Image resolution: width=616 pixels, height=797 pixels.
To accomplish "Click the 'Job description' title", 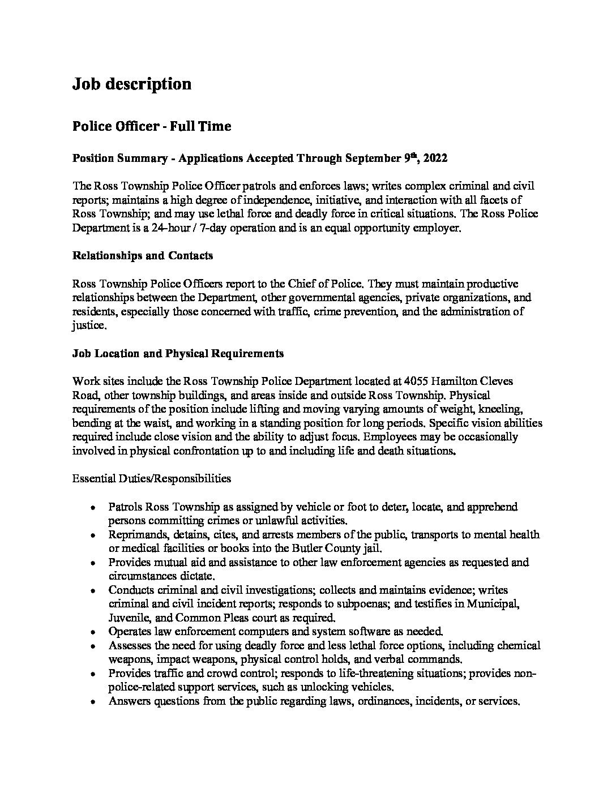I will pyautogui.click(x=131, y=84).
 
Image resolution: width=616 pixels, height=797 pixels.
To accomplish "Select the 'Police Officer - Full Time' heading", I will pyautogui.click(x=151, y=126).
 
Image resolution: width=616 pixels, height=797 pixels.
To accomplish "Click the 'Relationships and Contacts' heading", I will pyautogui.click(x=143, y=255).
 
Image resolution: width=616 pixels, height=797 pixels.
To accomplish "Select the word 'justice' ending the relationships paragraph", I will pyautogui.click(x=88, y=326).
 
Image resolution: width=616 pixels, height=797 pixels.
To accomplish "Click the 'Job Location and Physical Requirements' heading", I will pyautogui.click(x=178, y=354).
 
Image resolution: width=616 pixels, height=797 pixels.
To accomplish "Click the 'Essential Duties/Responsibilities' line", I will pyautogui.click(x=152, y=478).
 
